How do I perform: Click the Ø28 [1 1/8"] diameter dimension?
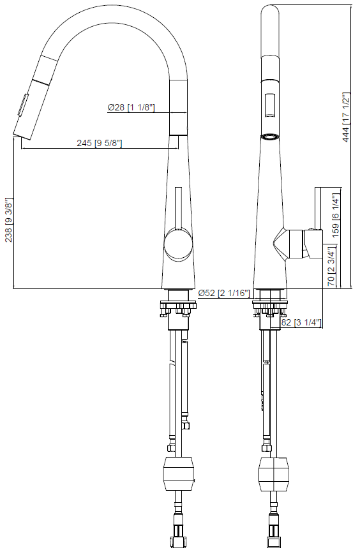tap(131, 107)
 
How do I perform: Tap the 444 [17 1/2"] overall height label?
tap(347, 118)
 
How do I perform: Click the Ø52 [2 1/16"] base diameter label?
tap(223, 293)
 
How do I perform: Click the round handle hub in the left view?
tap(177, 244)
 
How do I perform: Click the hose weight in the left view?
tap(178, 474)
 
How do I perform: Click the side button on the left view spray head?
tap(24, 105)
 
